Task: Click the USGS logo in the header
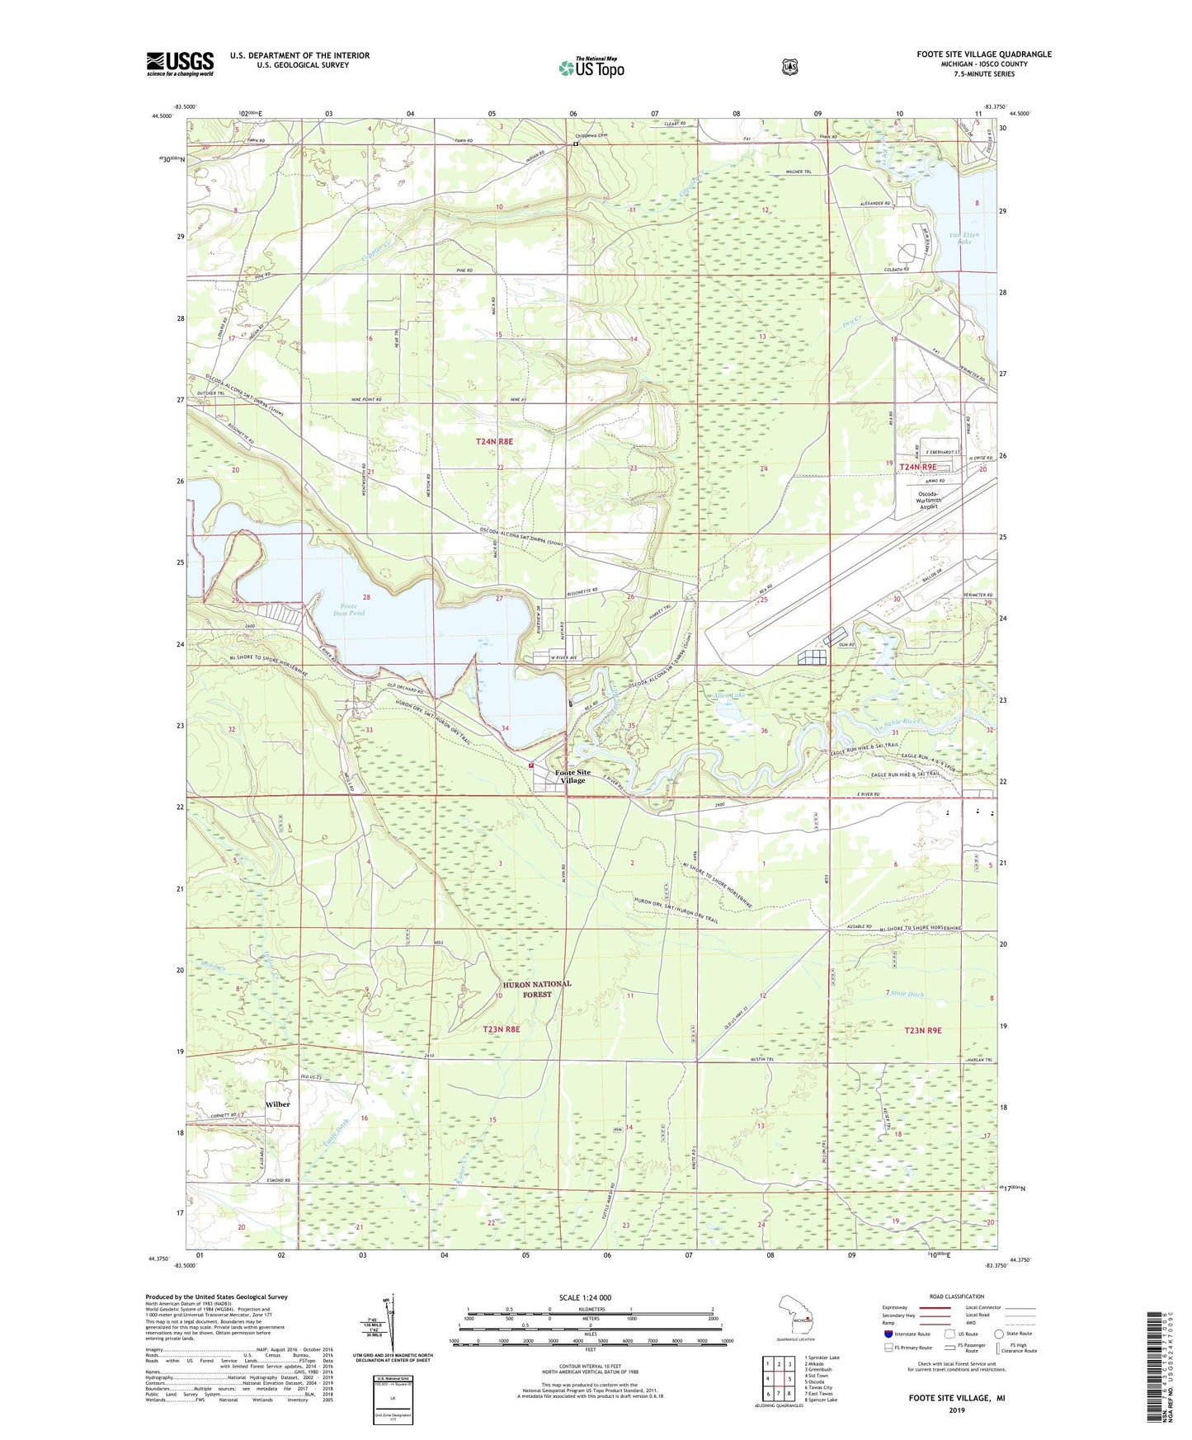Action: pos(180,64)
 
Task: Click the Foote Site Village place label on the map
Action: pos(572,776)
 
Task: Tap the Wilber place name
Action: pos(277,1104)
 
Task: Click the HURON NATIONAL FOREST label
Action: pos(536,989)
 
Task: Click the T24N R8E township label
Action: pos(494,442)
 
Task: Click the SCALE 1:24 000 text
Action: pos(585,1297)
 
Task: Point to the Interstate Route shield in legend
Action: pos(888,1333)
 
